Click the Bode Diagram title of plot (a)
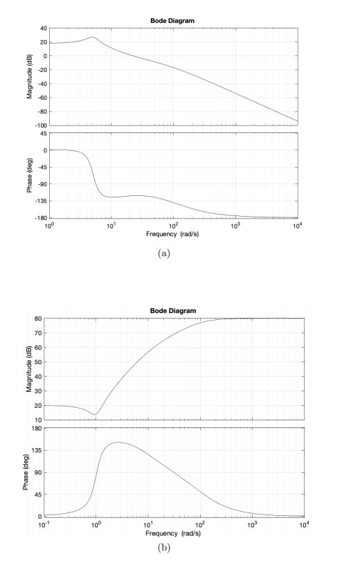pyautogui.click(x=172, y=21)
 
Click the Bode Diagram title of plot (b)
pyautogui.click(x=173, y=310)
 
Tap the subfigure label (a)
pyautogui.click(x=164, y=254)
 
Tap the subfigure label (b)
pyautogui.click(x=163, y=549)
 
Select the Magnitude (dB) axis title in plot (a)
pyautogui.click(x=29, y=76)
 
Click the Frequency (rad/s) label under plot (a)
pyautogui.click(x=173, y=235)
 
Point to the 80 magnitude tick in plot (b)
pyautogui.click(x=42, y=319)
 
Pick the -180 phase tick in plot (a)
pyautogui.click(x=39, y=218)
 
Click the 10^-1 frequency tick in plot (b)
pyautogui.click(x=44, y=524)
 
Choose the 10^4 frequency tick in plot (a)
pyautogui.click(x=297, y=225)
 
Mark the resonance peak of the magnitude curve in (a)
pyautogui.click(x=92, y=37)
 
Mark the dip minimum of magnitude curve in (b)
pyautogui.click(x=96, y=414)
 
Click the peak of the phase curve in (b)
pyautogui.click(x=118, y=442)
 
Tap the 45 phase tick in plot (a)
pyautogui.click(x=42, y=133)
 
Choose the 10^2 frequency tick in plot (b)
pyautogui.click(x=200, y=524)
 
